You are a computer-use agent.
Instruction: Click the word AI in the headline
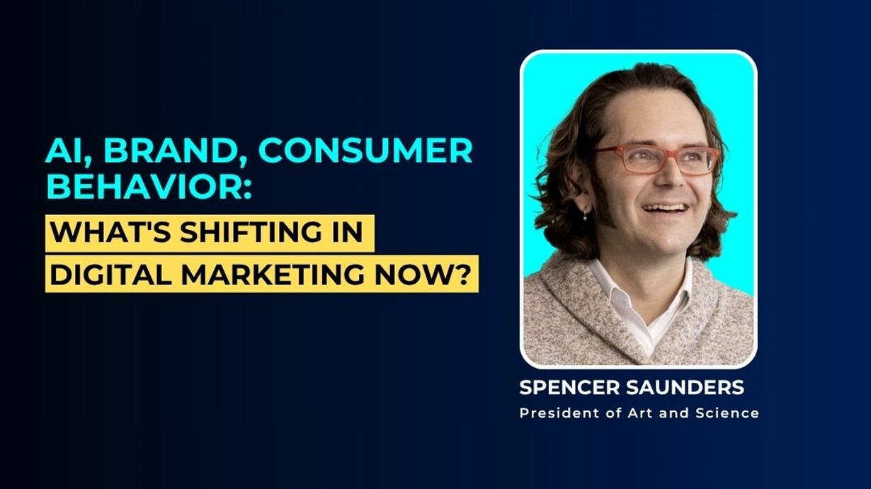coord(69,151)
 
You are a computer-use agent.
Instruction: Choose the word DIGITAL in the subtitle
coord(110,274)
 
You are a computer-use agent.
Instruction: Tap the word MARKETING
coord(273,274)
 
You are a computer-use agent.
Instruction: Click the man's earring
coord(585,213)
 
